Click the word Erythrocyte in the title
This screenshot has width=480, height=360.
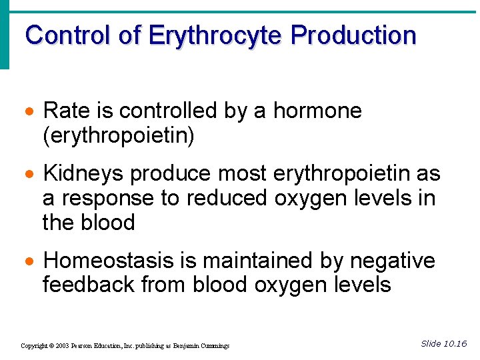[x=217, y=35]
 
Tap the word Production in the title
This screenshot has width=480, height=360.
[x=354, y=35]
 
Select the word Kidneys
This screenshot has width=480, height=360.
[x=83, y=174]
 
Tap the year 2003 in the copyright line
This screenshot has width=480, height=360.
[x=64, y=346]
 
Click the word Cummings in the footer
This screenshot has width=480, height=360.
[x=213, y=346]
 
